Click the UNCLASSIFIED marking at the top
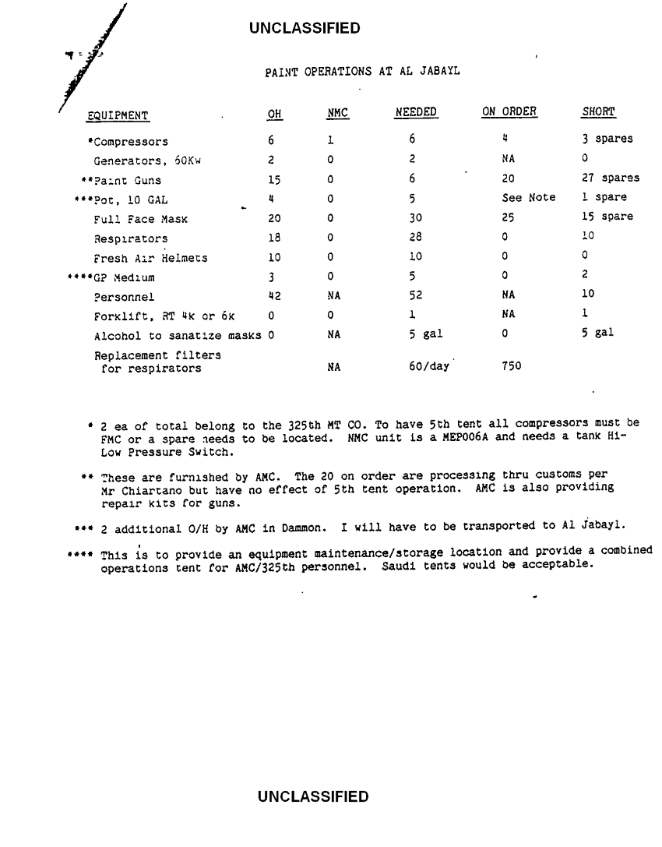[x=305, y=29]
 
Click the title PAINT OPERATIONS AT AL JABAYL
[x=362, y=72]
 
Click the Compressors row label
[x=128, y=142]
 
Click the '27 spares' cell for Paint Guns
[x=611, y=179]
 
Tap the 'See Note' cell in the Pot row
[x=529, y=198]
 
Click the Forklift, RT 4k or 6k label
[x=164, y=315]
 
